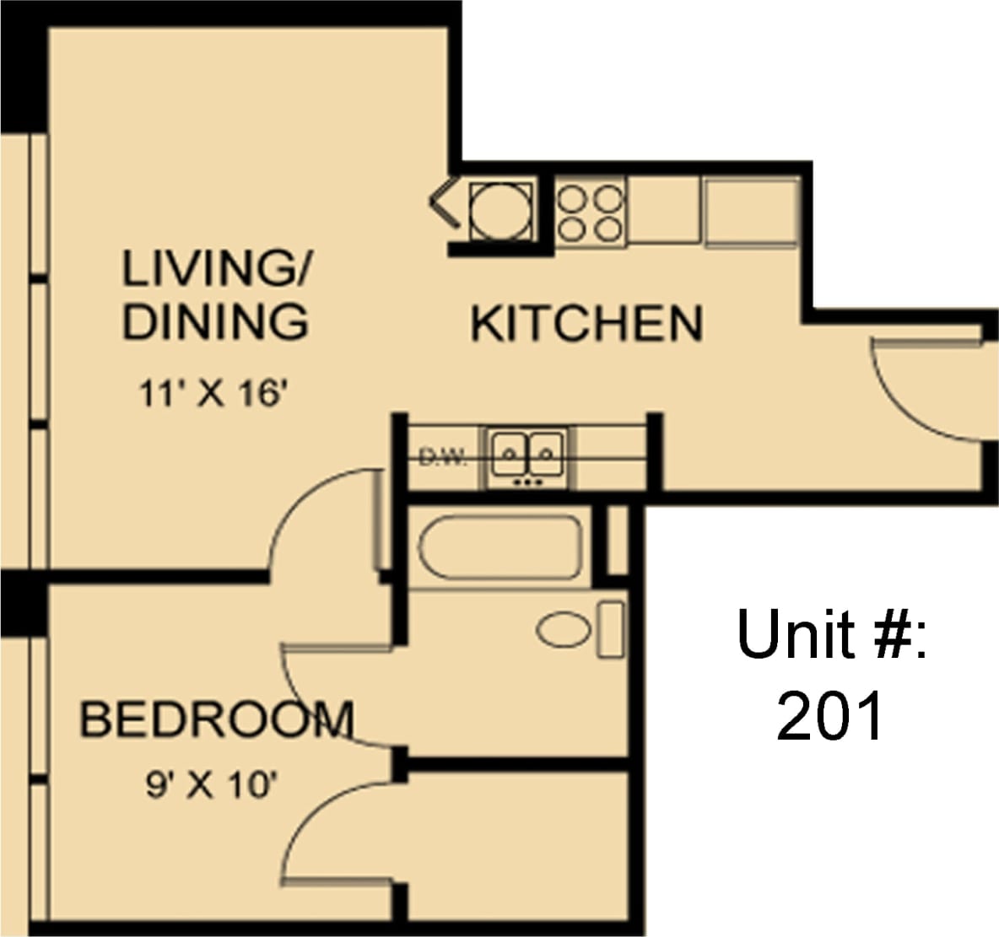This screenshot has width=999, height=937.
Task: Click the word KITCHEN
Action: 586,324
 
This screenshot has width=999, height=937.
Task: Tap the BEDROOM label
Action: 216,720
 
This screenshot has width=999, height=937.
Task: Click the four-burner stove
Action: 590,212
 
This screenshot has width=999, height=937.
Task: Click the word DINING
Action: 215,321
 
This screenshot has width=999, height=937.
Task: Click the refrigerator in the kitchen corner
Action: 752,212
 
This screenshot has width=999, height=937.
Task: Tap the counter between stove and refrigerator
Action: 663,211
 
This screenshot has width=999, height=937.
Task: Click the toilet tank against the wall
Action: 610,629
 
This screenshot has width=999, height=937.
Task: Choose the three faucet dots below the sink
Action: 528,482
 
